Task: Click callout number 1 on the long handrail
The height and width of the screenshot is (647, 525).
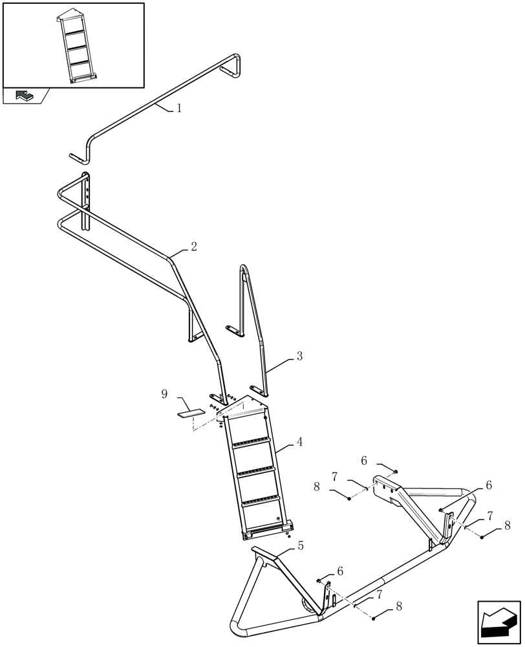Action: coord(179,109)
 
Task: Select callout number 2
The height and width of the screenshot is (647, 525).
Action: coord(193,247)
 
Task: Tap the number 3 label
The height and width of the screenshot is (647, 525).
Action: coord(299,356)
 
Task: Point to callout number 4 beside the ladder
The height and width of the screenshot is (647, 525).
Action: coord(299,443)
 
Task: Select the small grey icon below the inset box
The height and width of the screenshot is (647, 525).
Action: coord(25,96)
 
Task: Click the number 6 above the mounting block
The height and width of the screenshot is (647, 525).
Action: coord(364,461)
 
